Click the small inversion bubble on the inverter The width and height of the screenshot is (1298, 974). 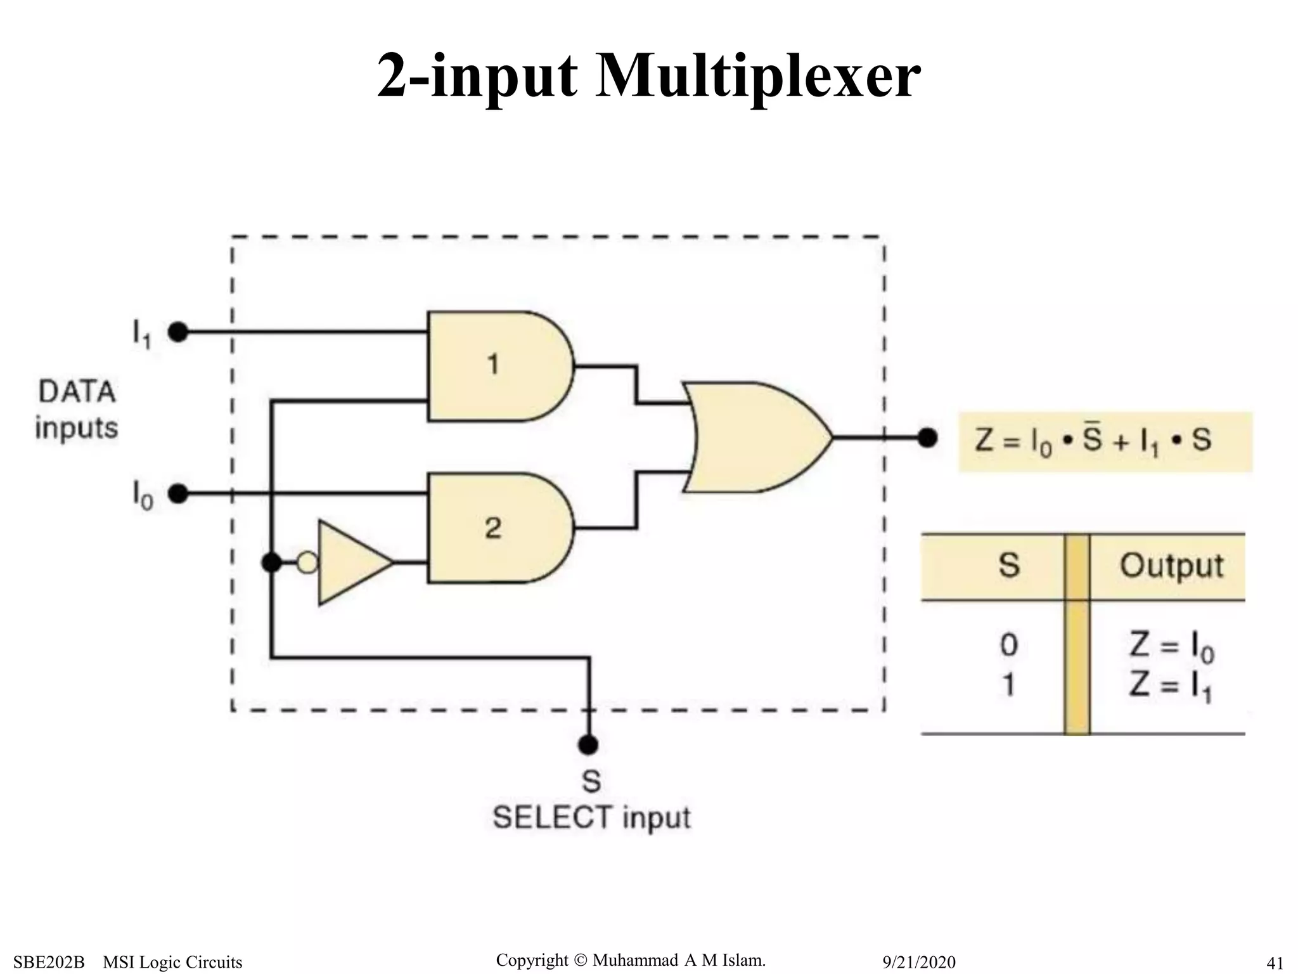pyautogui.click(x=307, y=562)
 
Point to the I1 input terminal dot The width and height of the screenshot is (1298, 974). pyautogui.click(x=179, y=332)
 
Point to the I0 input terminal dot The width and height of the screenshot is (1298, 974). pyautogui.click(x=179, y=493)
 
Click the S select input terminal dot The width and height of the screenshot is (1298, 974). pyautogui.click(x=589, y=744)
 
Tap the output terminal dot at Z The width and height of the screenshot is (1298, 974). pyautogui.click(x=927, y=437)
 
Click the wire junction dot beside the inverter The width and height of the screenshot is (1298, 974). pyautogui.click(x=272, y=562)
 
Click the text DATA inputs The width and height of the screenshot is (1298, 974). pyautogui.click(x=77, y=410)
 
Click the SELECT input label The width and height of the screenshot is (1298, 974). pyautogui.click(x=591, y=817)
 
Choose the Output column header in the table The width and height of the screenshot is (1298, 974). pyautogui.click(x=1171, y=566)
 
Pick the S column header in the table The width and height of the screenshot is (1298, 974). pyautogui.click(x=1008, y=566)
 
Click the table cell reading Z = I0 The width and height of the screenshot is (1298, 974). pyautogui.click(x=1171, y=647)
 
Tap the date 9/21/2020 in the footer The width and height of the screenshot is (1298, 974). pyautogui.click(x=919, y=962)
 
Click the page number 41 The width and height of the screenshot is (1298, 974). pyautogui.click(x=1274, y=963)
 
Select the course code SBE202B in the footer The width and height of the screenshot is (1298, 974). pyautogui.click(x=49, y=962)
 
